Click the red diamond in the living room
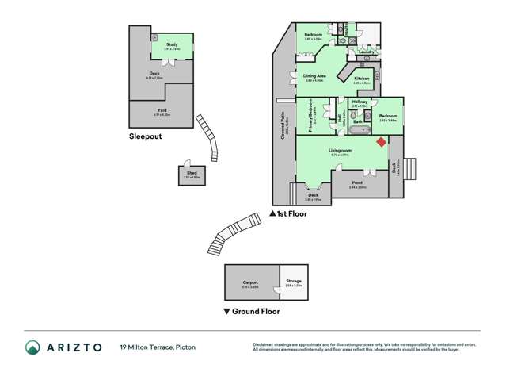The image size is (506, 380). [381, 143]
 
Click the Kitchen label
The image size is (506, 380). [361, 79]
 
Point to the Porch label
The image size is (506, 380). [357, 184]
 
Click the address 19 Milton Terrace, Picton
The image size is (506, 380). [158, 347]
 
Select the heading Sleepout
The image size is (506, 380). [146, 136]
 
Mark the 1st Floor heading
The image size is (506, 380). [291, 213]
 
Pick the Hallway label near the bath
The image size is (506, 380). [360, 102]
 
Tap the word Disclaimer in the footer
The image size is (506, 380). [262, 344]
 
